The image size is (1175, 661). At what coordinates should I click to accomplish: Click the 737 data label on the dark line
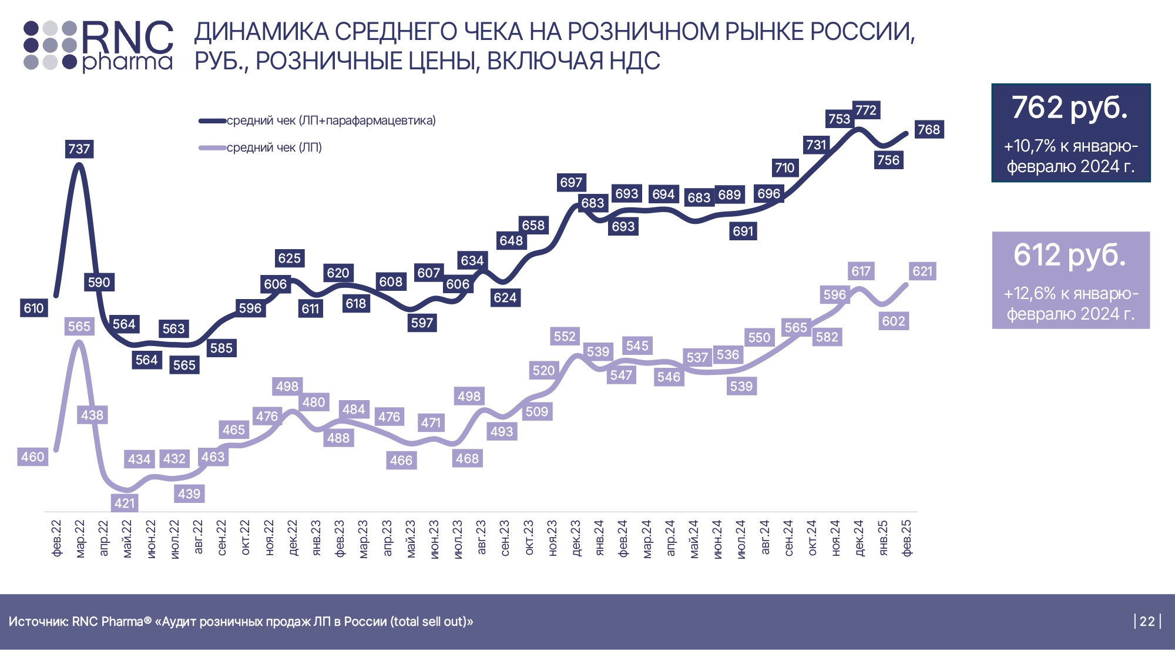coord(79,149)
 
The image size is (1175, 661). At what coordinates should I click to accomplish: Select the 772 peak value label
coord(866,110)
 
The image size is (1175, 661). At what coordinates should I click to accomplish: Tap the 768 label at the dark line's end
coord(929,129)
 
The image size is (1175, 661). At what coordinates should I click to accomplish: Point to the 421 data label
coord(125,503)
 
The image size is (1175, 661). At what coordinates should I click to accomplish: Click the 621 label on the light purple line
coord(922,271)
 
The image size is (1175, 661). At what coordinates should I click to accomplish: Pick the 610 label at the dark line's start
coord(33,308)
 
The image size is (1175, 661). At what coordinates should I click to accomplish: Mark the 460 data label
coord(33,457)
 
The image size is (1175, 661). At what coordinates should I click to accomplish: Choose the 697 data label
coord(571,182)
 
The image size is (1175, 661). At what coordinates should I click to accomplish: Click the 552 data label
coord(565,336)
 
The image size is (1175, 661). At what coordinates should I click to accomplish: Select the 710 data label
coord(784,167)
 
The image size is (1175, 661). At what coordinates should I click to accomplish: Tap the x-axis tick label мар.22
coord(80,538)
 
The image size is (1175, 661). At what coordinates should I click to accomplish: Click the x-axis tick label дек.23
coord(576,538)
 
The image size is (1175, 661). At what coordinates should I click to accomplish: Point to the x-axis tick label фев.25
coord(907,538)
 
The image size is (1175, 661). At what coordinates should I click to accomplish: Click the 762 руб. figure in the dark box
coord(1070,108)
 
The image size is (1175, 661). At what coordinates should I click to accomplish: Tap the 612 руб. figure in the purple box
coord(1070,255)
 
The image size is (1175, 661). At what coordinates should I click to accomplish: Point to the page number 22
coord(1147,621)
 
